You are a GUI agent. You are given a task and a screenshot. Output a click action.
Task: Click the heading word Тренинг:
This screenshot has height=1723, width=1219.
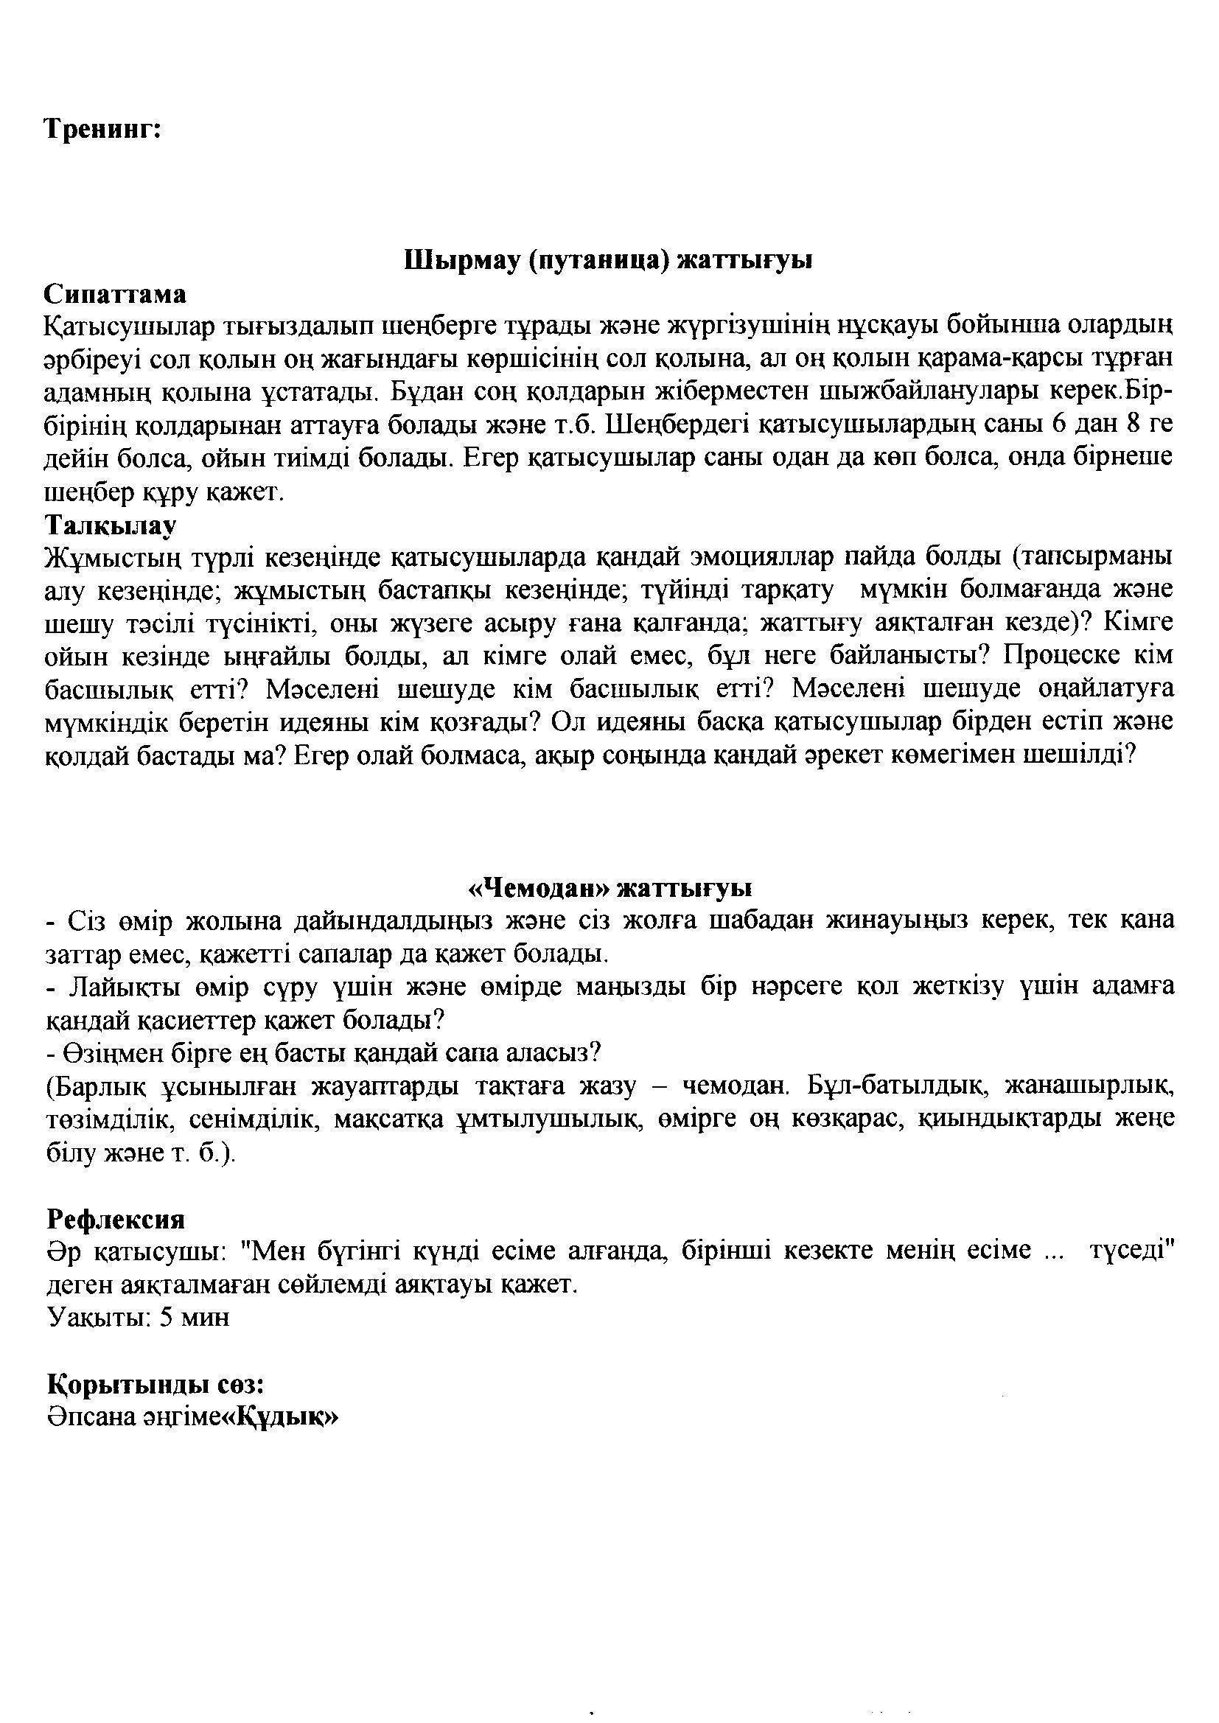pyautogui.click(x=103, y=130)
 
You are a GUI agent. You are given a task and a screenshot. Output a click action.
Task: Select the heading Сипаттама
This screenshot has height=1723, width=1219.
pyautogui.click(x=116, y=293)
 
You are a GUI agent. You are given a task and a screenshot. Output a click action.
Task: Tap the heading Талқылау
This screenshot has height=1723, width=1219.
pyautogui.click(x=111, y=523)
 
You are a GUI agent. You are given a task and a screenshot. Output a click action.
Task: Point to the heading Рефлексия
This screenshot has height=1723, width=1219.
pyautogui.click(x=116, y=1219)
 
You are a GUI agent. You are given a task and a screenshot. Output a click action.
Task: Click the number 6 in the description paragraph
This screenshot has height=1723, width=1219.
pyautogui.click(x=1058, y=424)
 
